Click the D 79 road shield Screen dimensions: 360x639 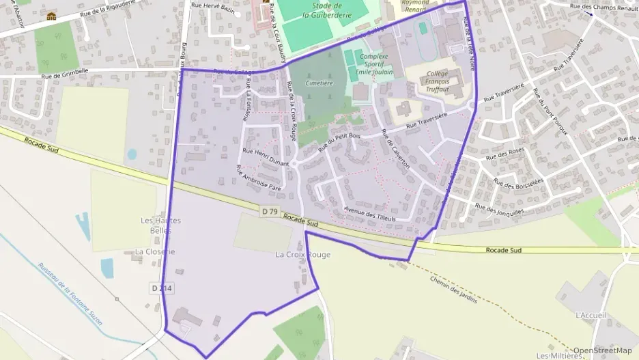[x=269, y=212]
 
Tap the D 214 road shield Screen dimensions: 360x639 [x=160, y=289]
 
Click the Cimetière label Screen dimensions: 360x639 [x=319, y=83]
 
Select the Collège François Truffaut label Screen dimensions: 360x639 [x=438, y=81]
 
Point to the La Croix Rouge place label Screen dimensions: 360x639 [x=302, y=255]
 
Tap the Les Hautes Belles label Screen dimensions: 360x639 [x=156, y=225]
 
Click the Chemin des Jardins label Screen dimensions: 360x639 [x=453, y=285]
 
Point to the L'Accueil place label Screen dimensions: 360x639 [x=591, y=315]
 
